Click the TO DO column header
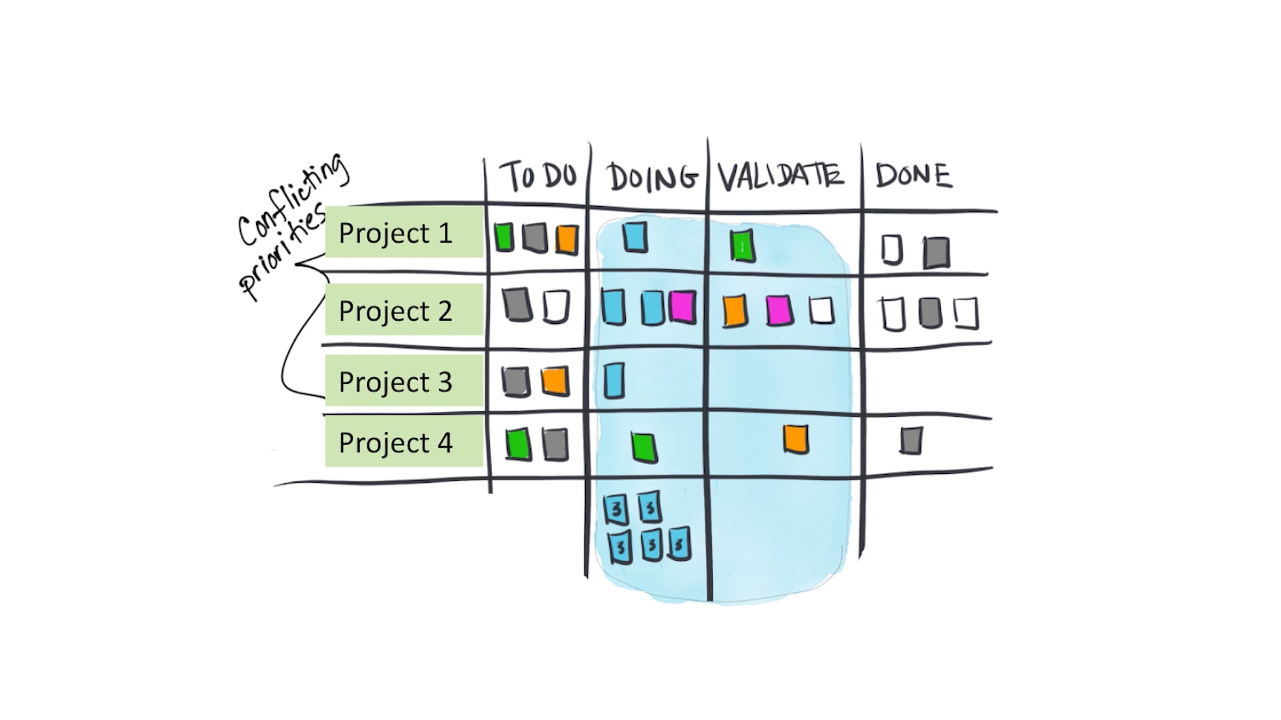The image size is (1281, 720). coord(539,175)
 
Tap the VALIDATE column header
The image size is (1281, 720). coord(781,175)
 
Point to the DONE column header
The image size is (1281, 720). coord(913,175)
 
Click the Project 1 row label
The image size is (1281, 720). coord(396,233)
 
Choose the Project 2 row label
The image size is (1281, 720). coord(396,311)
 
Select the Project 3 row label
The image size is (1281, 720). coord(396,382)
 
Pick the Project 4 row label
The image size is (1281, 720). coord(396,443)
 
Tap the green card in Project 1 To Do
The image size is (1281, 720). coord(504,237)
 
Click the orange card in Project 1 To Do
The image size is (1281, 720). coord(566,239)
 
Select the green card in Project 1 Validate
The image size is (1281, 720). coord(742,246)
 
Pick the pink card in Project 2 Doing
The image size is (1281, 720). coord(683,307)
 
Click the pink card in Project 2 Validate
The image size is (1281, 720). coord(779,311)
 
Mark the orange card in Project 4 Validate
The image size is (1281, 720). coord(795,439)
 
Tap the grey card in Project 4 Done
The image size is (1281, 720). coord(911,441)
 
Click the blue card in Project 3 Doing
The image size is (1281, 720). coord(614,381)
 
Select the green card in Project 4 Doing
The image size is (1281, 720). coord(645,447)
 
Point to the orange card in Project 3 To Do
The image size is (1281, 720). coord(555,381)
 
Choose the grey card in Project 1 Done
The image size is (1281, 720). coord(937,253)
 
